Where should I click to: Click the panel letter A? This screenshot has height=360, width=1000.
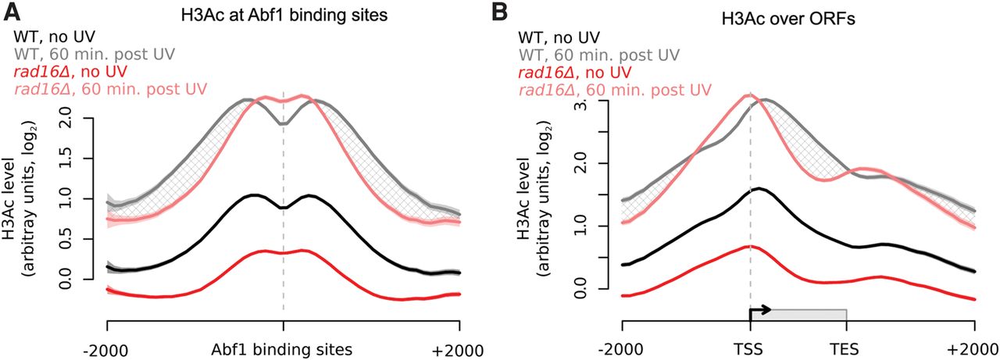tap(12, 11)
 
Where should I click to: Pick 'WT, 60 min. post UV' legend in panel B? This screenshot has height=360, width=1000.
tap(597, 55)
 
